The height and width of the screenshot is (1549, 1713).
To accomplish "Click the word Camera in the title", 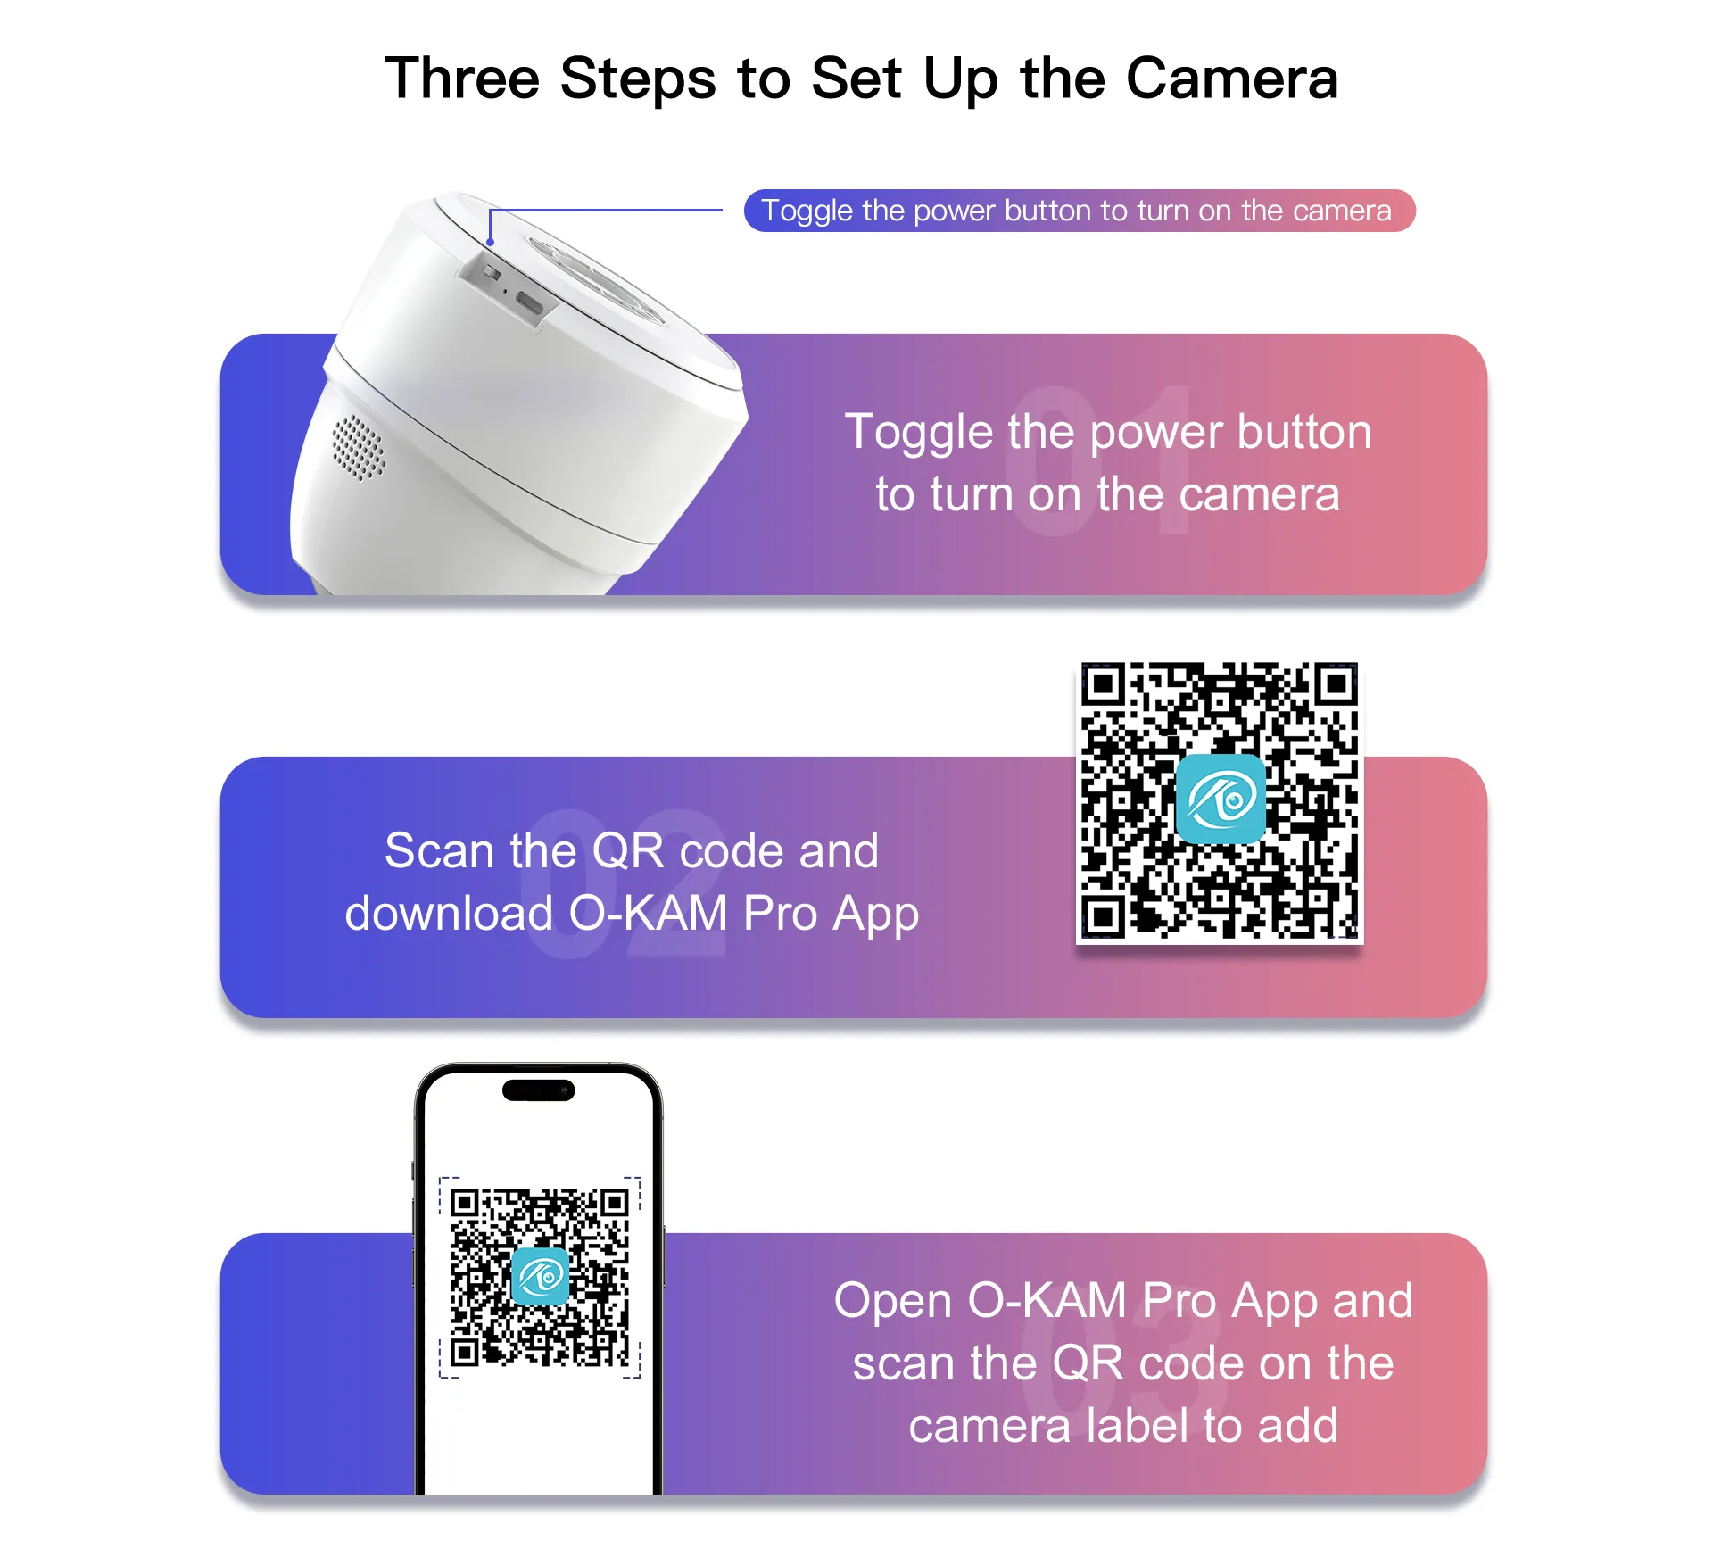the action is pyautogui.click(x=1232, y=79).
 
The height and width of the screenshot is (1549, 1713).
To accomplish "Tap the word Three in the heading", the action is pyautogui.click(x=462, y=79).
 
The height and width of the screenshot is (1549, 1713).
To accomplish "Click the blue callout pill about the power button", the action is pyautogui.click(x=1080, y=211).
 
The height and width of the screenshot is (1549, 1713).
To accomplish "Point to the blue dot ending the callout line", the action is pyautogui.click(x=490, y=242).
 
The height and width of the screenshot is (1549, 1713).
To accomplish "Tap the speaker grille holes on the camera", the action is pyautogui.click(x=359, y=446).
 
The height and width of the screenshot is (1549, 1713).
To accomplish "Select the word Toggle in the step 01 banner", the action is pyautogui.click(x=919, y=434).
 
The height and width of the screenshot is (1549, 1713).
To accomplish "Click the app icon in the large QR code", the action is pyautogui.click(x=1221, y=799).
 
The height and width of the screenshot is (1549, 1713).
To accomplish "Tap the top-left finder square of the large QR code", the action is pyautogui.click(x=1104, y=684).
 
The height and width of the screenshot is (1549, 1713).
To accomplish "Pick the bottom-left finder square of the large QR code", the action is pyautogui.click(x=1104, y=916).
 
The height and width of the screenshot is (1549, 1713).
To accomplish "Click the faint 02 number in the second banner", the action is pyautogui.click(x=625, y=883).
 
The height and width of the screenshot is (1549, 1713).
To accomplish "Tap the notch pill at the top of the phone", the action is pyautogui.click(x=539, y=1090).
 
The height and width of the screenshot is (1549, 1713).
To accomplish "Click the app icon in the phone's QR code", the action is pyautogui.click(x=541, y=1277).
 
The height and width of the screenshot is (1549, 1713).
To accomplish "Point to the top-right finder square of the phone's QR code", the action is pyautogui.click(x=614, y=1203).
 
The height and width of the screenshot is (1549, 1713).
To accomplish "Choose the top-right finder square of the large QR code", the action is pyautogui.click(x=1336, y=684).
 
